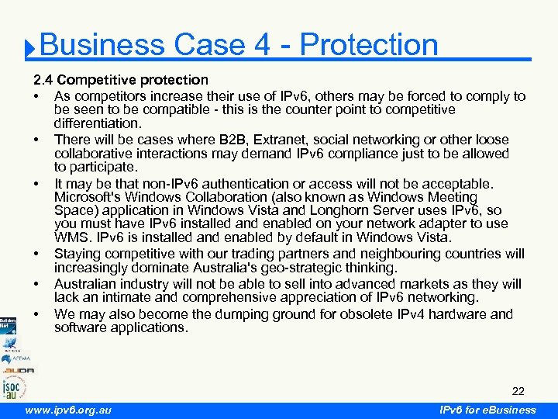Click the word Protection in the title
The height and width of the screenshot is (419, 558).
click(x=369, y=45)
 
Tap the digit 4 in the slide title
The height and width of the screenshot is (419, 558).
click(x=262, y=45)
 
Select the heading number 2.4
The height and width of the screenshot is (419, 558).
click(x=43, y=80)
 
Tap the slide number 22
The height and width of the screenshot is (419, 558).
click(x=518, y=391)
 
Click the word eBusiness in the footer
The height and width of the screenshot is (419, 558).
click(x=506, y=410)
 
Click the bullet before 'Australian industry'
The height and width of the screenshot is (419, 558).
click(x=37, y=285)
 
